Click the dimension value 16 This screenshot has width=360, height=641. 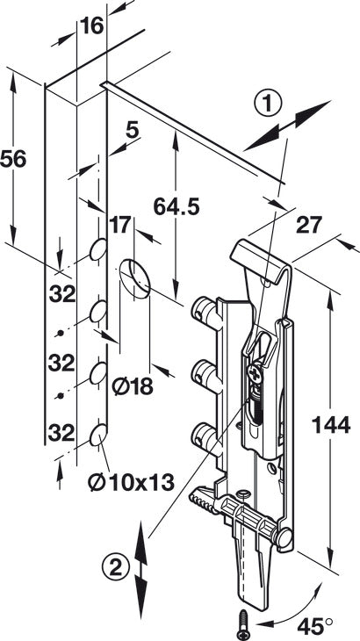click(x=92, y=26)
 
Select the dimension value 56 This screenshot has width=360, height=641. click(x=13, y=159)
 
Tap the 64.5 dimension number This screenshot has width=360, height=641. click(x=176, y=207)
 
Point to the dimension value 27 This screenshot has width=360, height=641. click(x=309, y=225)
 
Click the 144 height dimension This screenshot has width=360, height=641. click(x=331, y=425)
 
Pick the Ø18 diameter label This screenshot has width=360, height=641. click(x=133, y=385)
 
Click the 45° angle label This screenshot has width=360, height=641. click(x=314, y=626)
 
